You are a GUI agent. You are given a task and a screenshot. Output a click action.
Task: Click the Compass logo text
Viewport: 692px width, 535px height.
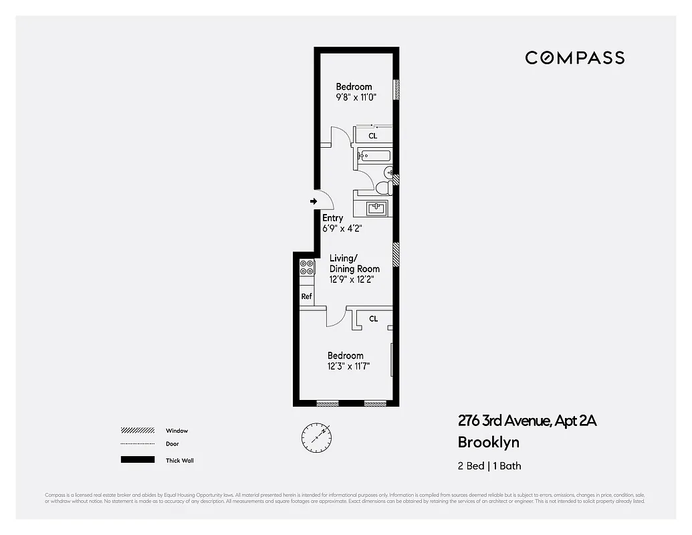[x=574, y=58]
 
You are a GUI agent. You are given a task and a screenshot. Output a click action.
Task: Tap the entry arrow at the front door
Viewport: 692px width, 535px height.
[x=313, y=201]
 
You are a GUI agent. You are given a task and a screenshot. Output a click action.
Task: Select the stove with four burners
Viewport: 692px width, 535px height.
[x=307, y=267]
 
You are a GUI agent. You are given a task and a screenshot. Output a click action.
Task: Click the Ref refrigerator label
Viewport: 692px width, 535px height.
[x=306, y=296]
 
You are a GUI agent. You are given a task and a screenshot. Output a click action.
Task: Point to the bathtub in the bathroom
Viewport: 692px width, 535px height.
[x=374, y=157]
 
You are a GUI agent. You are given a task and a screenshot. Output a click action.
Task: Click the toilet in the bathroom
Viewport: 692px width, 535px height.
[x=384, y=188]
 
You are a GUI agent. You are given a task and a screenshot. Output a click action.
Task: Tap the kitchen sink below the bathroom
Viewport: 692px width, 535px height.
[x=378, y=208]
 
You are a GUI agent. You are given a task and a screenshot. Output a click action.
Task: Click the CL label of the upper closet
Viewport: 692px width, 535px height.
[x=373, y=136]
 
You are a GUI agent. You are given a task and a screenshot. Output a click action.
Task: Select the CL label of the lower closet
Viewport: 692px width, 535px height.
[x=373, y=319]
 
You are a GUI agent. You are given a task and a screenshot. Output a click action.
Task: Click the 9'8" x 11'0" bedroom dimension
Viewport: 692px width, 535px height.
[x=356, y=97]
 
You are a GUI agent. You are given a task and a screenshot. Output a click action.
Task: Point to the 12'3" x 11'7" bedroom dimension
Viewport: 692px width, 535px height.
[x=348, y=366]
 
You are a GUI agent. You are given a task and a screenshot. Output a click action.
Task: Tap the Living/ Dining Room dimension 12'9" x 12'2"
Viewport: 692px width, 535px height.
[x=351, y=280]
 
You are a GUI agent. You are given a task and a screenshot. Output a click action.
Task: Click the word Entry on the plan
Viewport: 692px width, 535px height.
[x=333, y=218]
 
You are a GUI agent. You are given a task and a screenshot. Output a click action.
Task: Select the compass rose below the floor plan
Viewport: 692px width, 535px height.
[x=316, y=436]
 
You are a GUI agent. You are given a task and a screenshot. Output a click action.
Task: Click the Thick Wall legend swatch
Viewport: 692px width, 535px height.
[x=137, y=460]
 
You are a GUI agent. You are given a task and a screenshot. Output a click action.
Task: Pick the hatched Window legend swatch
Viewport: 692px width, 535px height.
[x=137, y=431]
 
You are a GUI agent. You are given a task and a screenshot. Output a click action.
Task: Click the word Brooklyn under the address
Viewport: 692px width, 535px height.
[x=488, y=442]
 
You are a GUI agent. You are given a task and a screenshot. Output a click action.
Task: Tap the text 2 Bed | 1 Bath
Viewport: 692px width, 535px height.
[x=489, y=465]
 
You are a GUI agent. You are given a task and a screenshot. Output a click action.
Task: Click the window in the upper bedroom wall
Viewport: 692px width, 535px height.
[x=396, y=90]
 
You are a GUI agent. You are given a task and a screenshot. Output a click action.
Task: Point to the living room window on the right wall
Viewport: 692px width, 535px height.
[x=396, y=255]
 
